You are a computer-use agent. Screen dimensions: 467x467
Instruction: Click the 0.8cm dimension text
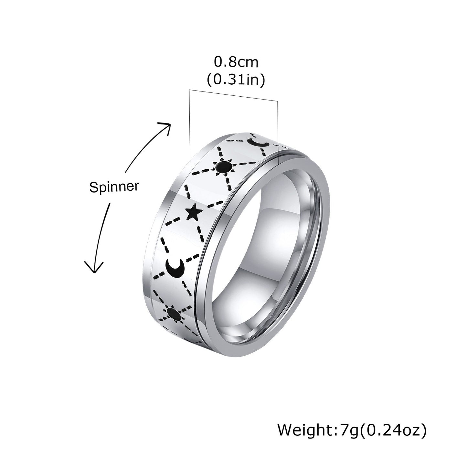(x=236, y=61)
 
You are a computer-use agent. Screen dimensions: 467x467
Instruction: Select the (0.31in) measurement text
(x=236, y=80)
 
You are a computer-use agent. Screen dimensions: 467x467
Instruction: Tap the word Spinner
(x=114, y=186)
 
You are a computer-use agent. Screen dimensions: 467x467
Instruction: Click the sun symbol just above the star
(x=223, y=167)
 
